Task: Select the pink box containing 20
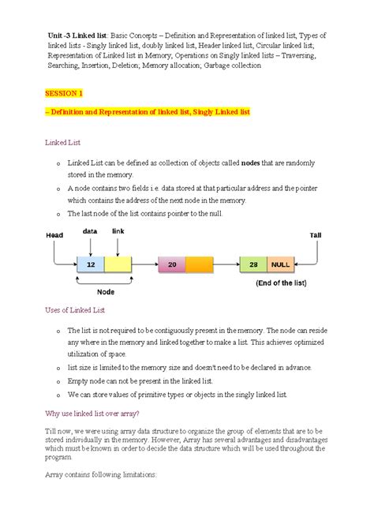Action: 172,266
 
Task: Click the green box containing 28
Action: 253,266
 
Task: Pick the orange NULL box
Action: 281,266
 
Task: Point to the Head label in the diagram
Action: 54,235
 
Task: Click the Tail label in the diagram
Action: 316,235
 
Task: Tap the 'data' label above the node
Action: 90,231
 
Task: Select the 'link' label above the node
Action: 118,231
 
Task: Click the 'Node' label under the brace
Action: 105,291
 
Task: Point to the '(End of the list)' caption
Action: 281,283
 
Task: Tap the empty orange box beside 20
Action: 200,266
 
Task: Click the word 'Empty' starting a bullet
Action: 80,381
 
